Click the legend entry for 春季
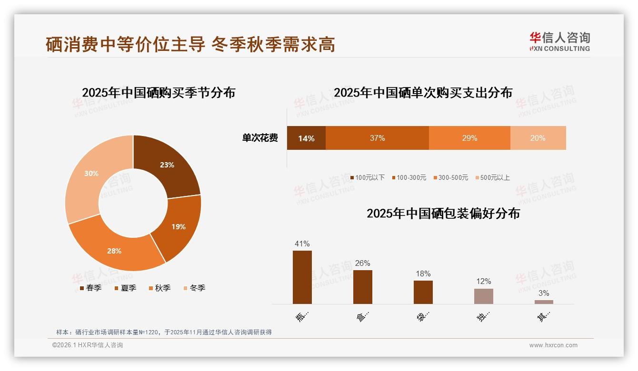pos(90,288)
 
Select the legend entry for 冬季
pos(194,288)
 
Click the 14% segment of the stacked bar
pos(306,138)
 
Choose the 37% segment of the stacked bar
pos(377,138)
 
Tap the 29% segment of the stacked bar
pos(469,138)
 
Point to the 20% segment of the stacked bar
pos(538,138)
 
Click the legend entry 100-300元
pos(409,177)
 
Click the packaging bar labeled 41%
pos(302,277)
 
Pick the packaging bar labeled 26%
pos(363,287)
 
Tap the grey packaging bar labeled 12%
pos(484,296)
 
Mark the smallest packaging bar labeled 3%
pos(544,302)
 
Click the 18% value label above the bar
pos(423,273)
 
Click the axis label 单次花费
pos(260,138)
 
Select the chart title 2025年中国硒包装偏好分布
pos(443,213)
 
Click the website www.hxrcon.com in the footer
pos(553,345)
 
